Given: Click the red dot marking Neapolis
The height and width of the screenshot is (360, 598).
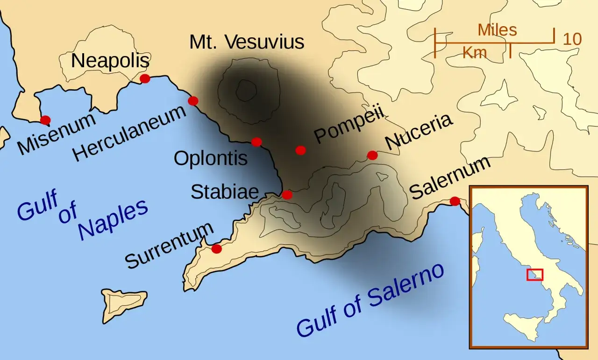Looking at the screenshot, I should [145, 78].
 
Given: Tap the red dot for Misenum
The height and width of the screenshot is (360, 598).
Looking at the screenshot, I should [45, 120].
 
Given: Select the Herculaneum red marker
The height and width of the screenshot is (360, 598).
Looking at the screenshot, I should [193, 100].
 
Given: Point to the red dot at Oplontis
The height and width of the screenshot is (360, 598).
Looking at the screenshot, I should [256, 142].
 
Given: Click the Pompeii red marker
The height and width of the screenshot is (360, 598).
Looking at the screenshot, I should [301, 150].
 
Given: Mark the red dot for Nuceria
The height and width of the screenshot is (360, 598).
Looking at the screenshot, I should [372, 155].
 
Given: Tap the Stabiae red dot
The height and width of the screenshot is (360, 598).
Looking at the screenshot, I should [287, 195].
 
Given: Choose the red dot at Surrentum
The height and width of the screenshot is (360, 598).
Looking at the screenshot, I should [216, 249].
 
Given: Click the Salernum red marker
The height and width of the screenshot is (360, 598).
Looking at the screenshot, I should [455, 201].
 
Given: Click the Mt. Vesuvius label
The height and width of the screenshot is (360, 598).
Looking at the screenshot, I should [247, 42].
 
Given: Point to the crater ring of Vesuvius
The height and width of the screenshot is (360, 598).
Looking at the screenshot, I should [246, 90].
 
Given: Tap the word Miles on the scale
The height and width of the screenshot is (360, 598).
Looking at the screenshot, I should [497, 30].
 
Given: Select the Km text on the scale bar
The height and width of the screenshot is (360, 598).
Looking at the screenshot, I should [475, 53].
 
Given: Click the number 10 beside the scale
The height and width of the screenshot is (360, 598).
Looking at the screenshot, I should [572, 39].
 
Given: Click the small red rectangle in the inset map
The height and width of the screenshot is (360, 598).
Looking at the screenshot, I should [534, 275].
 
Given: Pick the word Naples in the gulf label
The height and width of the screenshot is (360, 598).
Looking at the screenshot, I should [113, 220].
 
